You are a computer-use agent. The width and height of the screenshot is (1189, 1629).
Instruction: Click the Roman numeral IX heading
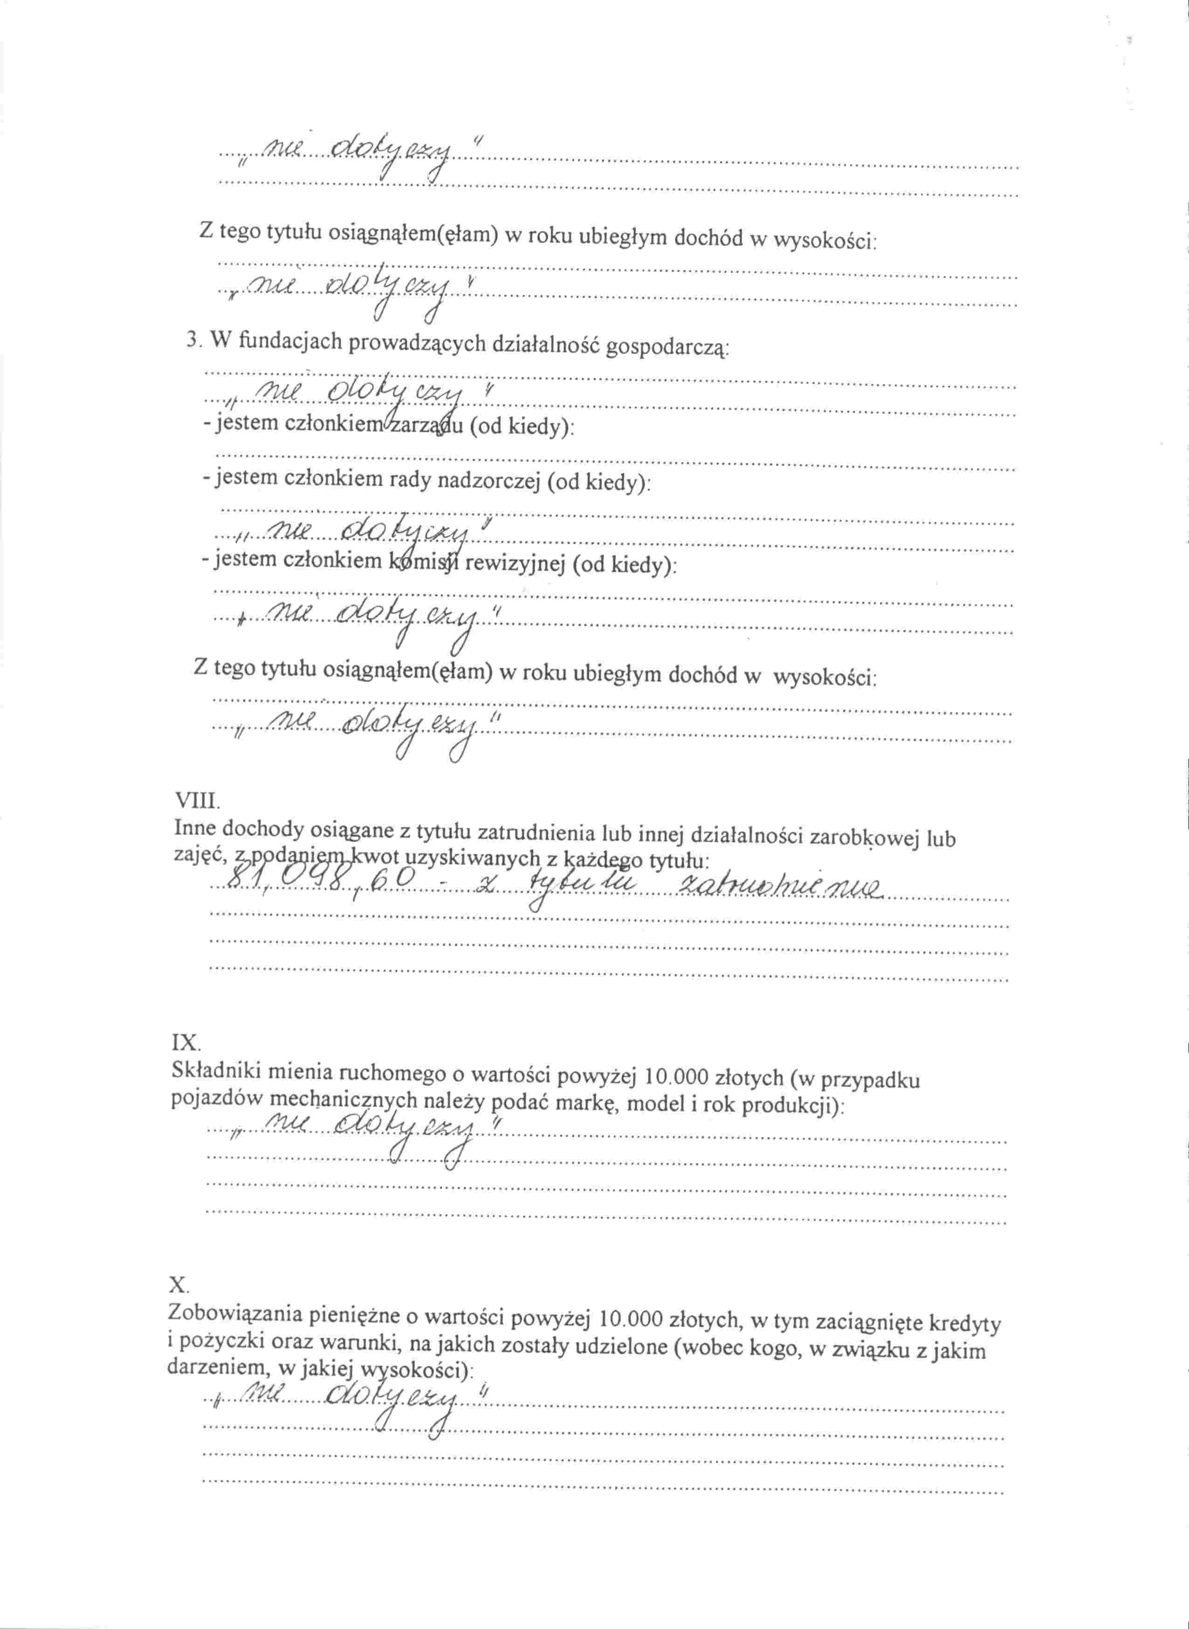[184, 1043]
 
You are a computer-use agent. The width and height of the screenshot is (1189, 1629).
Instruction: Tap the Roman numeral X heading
[178, 1284]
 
